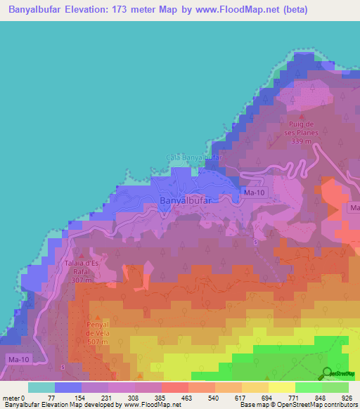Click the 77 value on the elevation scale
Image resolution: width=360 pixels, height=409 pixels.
tap(70, 397)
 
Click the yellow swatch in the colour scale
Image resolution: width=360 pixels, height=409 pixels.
tap(281, 387)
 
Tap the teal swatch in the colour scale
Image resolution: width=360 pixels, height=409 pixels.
tap(41, 387)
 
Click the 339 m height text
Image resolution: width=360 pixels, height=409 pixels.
tap(300, 141)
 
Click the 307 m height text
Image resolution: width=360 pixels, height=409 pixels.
tap(82, 280)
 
